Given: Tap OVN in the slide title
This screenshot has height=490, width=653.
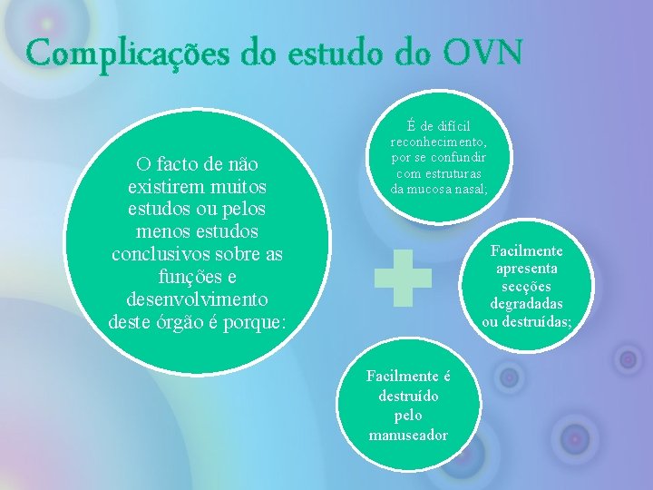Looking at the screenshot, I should click(x=482, y=53).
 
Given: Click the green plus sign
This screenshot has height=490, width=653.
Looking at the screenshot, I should click(x=403, y=277).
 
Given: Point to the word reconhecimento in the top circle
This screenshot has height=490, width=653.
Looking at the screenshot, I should click(x=438, y=142).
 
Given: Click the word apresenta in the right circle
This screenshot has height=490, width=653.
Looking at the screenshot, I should click(x=527, y=269).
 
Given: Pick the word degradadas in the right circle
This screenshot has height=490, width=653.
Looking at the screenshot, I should click(x=527, y=303).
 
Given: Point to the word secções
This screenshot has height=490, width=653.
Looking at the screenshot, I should click(x=527, y=286).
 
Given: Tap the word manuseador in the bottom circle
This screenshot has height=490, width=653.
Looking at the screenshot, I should click(x=408, y=435).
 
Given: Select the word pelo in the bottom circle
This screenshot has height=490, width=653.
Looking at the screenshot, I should click(x=408, y=415).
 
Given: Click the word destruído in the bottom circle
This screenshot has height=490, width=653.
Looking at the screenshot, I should click(x=408, y=396).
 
